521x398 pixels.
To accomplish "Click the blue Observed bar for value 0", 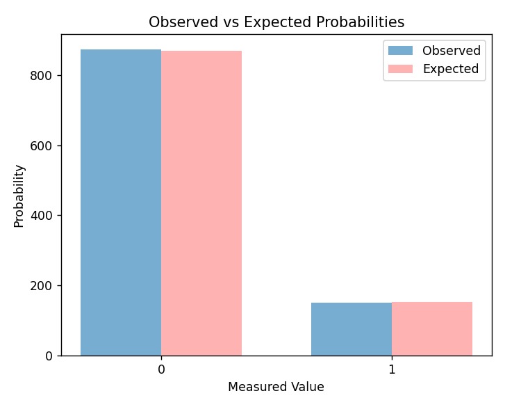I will pyautogui.click(x=121, y=202).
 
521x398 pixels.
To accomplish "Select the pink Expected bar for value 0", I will pyautogui.click(x=201, y=202).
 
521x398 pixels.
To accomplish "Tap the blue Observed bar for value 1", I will pyautogui.click(x=352, y=328).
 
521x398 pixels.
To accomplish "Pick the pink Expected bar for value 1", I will pyautogui.click(x=432, y=328).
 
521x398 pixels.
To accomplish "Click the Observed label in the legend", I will pyautogui.click(x=452, y=51).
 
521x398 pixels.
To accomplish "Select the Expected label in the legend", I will pyautogui.click(x=451, y=69).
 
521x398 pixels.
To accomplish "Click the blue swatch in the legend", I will pyautogui.click(x=400, y=51).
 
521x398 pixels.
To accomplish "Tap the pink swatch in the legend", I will pyautogui.click(x=400, y=69).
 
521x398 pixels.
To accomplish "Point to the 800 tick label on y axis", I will pyautogui.click(x=44, y=75).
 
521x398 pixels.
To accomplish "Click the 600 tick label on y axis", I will pyautogui.click(x=44, y=145).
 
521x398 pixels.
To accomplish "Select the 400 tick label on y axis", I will pyautogui.click(x=44, y=216).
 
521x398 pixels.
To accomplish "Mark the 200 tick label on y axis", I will pyautogui.click(x=44, y=285).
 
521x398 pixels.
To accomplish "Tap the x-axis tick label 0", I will pyautogui.click(x=161, y=369).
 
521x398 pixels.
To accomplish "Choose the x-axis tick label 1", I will pyautogui.click(x=392, y=369).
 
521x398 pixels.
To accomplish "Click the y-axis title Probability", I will pyautogui.click(x=19, y=196).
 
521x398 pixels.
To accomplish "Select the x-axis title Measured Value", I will pyautogui.click(x=276, y=386).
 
